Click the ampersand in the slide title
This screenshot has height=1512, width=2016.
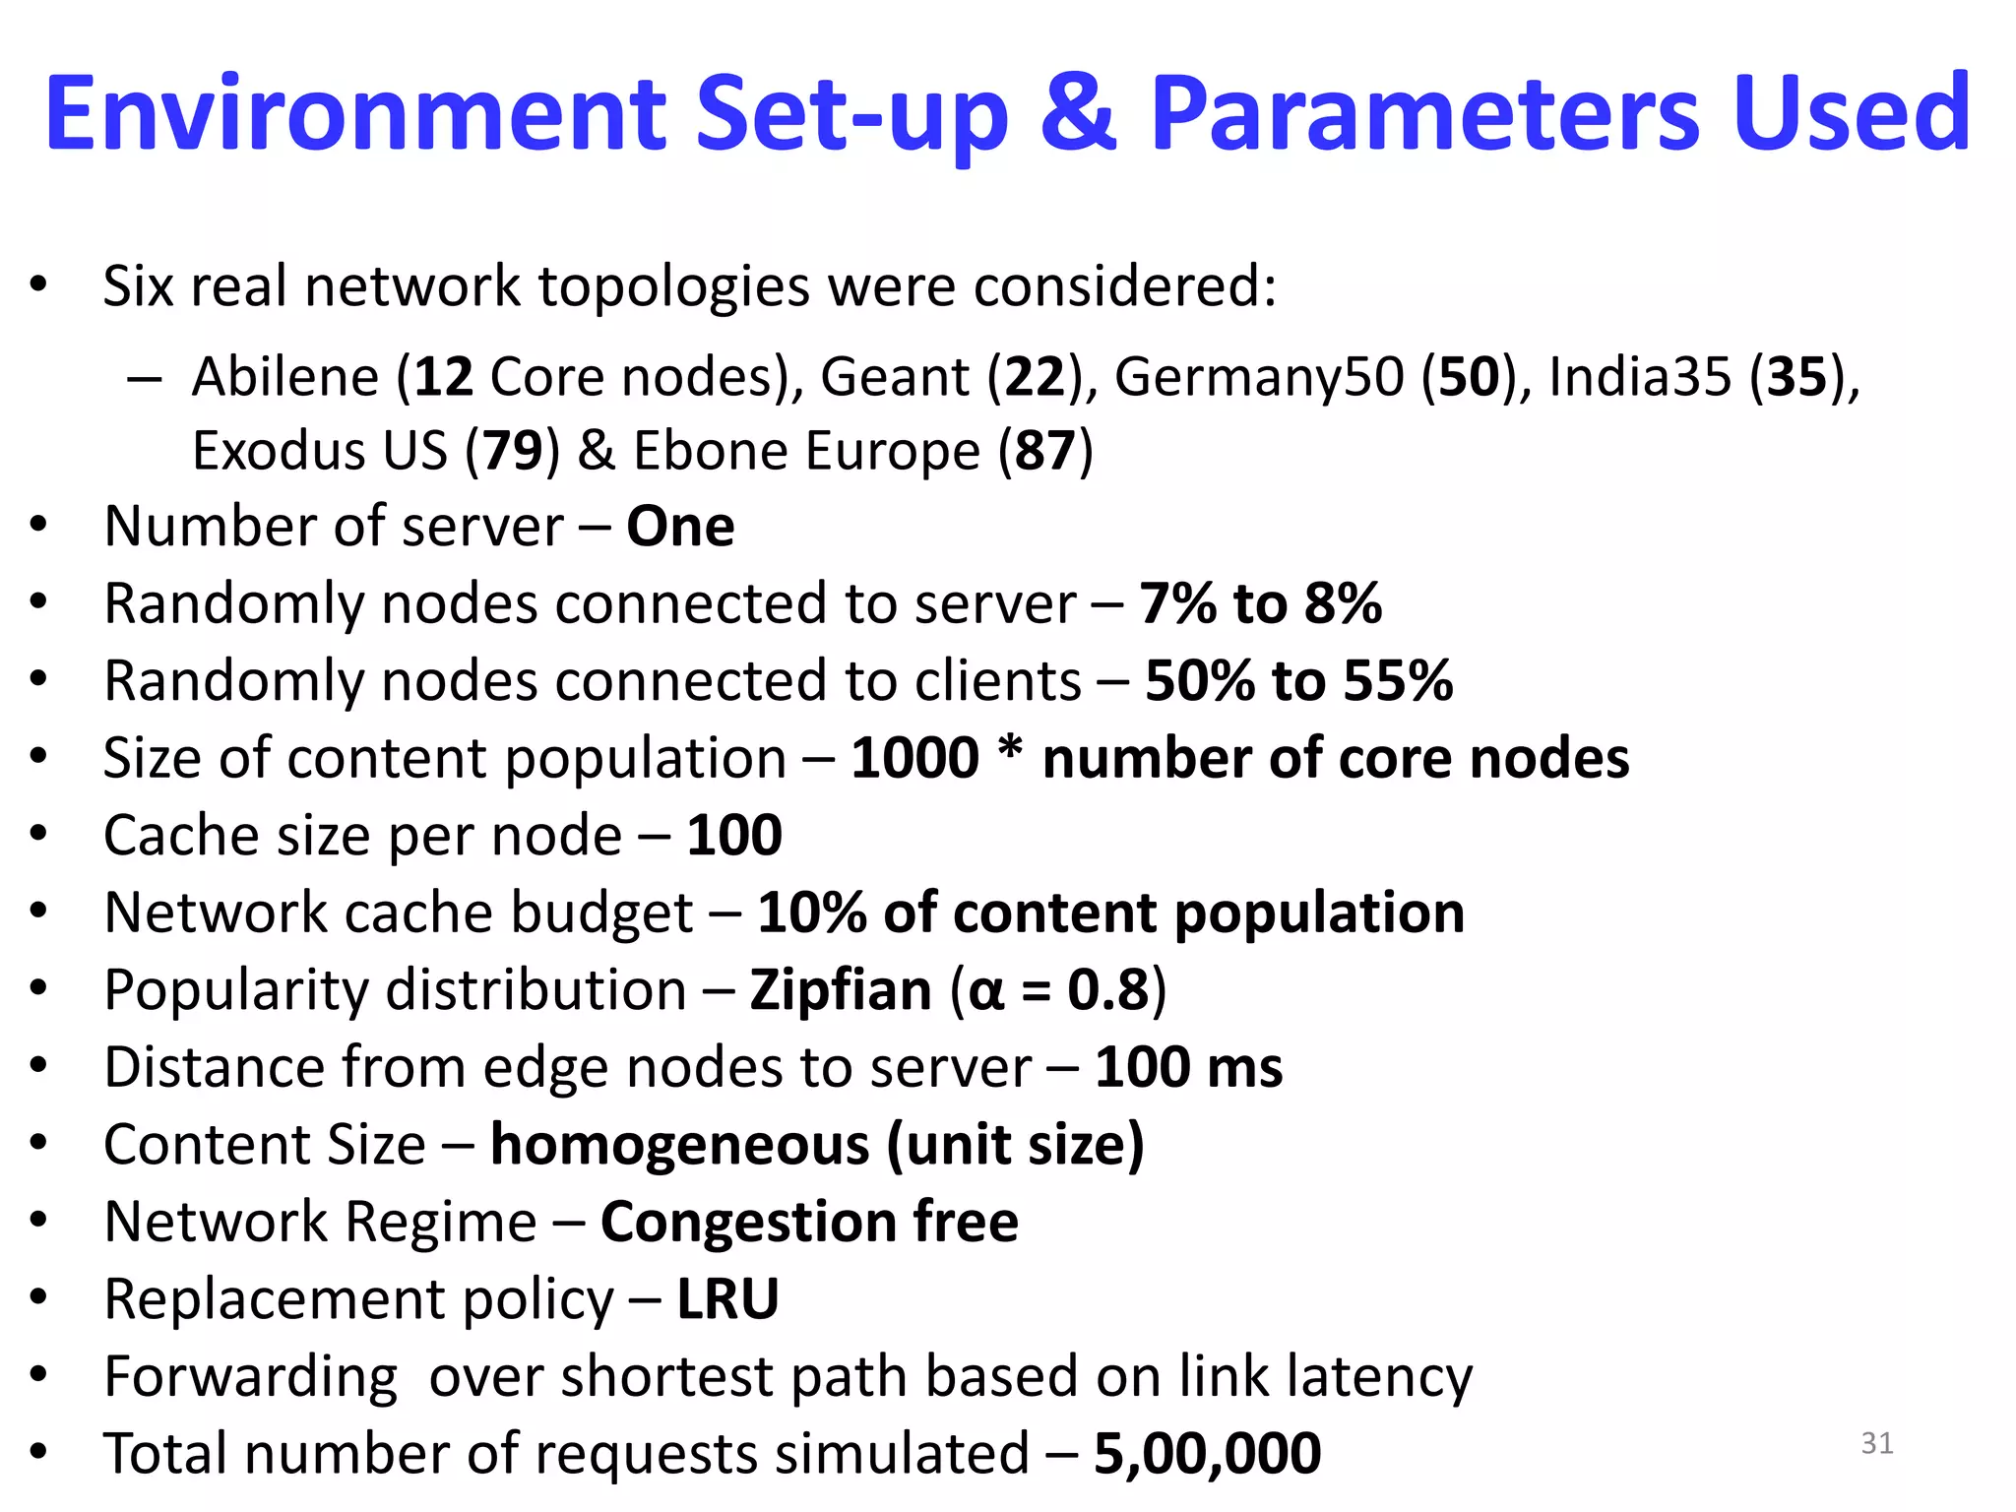pos(1079,114)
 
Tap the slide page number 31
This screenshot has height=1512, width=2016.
pos(1877,1443)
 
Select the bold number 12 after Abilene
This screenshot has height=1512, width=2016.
pos(444,377)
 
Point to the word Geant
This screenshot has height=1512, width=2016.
pos(895,377)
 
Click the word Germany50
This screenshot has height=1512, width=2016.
pos(1259,377)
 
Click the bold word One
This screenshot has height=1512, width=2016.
pos(680,527)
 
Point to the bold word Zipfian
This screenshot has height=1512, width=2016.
pos(841,989)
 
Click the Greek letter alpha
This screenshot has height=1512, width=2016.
pos(985,992)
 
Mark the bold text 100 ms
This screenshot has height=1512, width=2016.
pos(1188,1067)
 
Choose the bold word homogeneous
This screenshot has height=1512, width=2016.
pos(680,1146)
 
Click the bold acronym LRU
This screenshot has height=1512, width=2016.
pos(727,1299)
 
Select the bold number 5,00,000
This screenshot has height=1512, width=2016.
pos(1207,1454)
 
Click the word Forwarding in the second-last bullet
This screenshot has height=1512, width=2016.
pos(251,1378)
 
